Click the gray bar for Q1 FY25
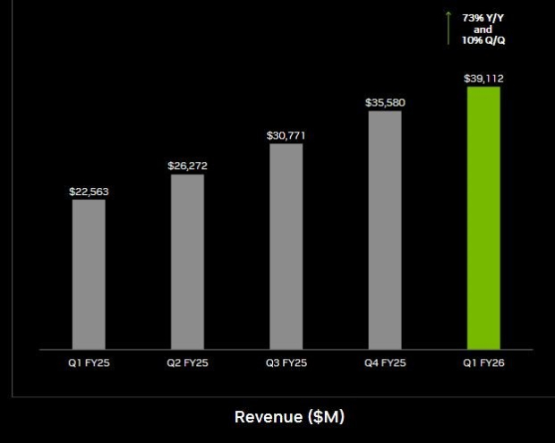click(89, 273)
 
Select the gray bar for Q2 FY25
click(187, 260)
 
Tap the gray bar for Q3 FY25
click(286, 245)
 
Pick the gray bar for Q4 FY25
click(385, 229)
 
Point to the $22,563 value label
click(89, 192)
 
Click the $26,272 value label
click(187, 166)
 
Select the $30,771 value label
click(286, 135)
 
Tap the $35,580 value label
click(385, 103)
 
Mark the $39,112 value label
click(483, 79)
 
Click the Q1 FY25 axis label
click(89, 364)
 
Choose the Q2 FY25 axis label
click(187, 364)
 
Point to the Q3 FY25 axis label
click(286, 364)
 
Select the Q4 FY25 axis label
click(385, 364)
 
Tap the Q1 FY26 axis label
click(484, 364)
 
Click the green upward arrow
click(448, 28)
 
